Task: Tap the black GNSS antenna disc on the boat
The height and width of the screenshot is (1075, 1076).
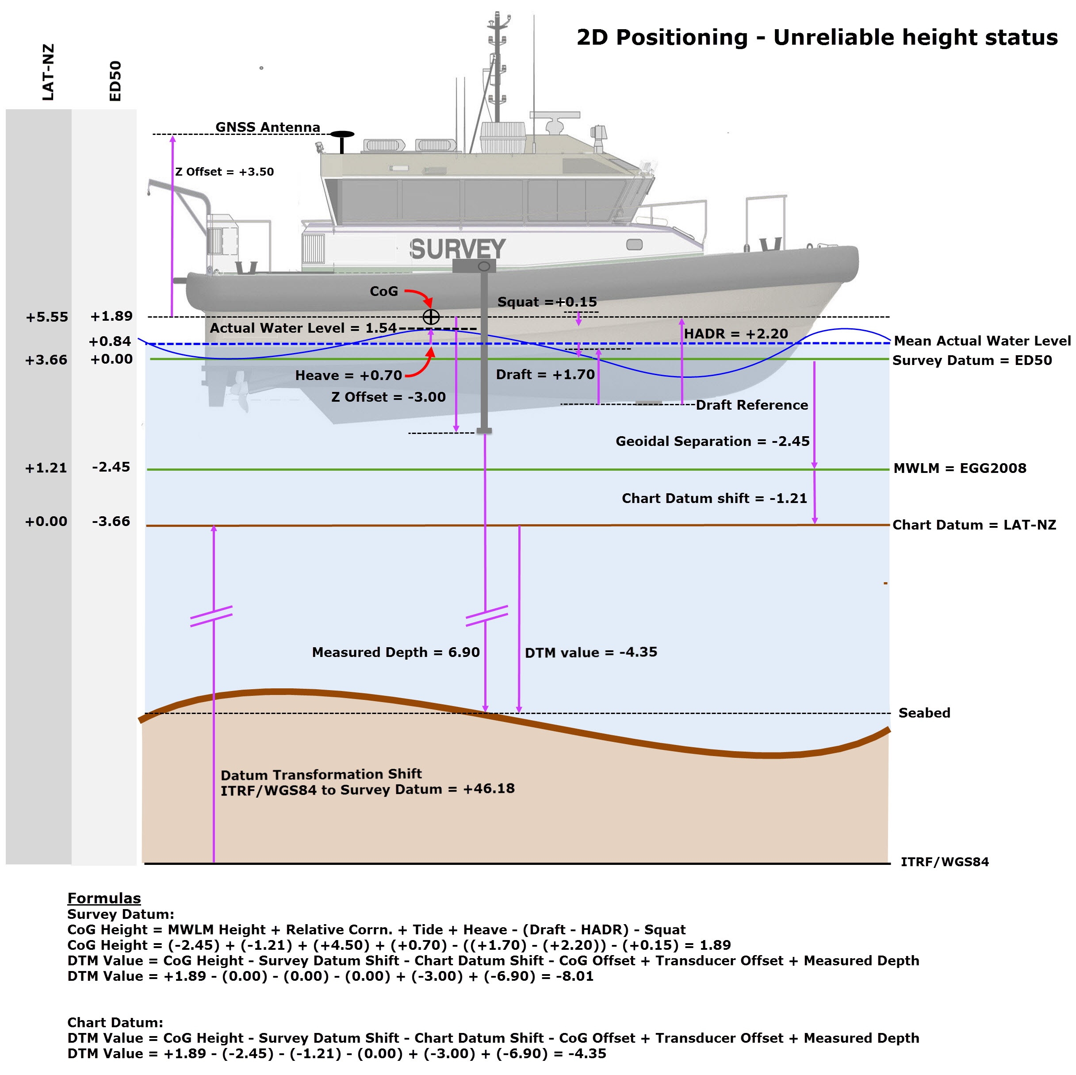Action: (x=342, y=134)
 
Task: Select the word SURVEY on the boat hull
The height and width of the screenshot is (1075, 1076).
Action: (x=457, y=249)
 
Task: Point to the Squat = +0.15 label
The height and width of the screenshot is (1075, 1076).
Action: (x=547, y=302)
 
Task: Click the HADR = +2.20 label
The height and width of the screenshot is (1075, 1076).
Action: (x=736, y=334)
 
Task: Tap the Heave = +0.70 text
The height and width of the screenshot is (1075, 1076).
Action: (x=348, y=376)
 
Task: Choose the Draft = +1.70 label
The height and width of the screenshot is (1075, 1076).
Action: (x=545, y=374)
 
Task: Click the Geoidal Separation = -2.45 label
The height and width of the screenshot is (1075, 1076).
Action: (x=712, y=441)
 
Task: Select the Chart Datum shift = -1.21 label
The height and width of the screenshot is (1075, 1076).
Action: (x=714, y=498)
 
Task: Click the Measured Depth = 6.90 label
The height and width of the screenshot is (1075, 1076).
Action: (x=395, y=652)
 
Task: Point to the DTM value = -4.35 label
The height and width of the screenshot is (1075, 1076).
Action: (x=591, y=652)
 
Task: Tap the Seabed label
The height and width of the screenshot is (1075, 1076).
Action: (x=924, y=713)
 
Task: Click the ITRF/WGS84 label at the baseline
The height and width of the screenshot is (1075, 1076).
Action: (x=945, y=862)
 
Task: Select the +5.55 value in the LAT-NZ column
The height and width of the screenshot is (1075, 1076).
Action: (x=47, y=317)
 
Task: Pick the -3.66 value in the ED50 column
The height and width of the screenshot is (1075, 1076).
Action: (x=111, y=521)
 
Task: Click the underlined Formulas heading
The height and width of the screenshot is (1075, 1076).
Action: (x=104, y=898)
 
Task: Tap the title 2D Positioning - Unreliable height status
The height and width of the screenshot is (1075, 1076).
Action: (x=817, y=37)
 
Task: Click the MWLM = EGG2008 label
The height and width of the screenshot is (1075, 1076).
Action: (x=960, y=468)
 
